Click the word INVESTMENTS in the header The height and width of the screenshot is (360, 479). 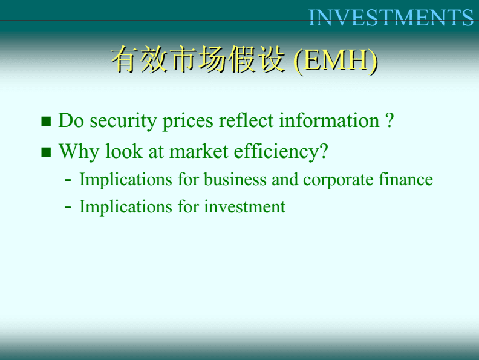pyautogui.click(x=391, y=18)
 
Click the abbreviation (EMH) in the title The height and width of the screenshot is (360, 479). pyautogui.click(x=336, y=61)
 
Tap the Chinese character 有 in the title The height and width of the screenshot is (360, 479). pyautogui.click(x=124, y=59)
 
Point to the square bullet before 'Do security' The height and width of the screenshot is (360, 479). pyautogui.click(x=46, y=122)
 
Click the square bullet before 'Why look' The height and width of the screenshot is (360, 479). pyautogui.click(x=46, y=152)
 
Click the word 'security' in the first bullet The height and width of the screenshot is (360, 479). pyautogui.click(x=123, y=122)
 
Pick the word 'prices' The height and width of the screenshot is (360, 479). pyautogui.click(x=187, y=122)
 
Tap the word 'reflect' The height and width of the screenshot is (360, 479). pyautogui.click(x=246, y=120)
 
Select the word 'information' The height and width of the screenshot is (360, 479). pyautogui.click(x=329, y=120)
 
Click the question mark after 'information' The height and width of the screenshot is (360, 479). pyautogui.click(x=389, y=120)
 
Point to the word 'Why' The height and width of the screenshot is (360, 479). pyautogui.click(x=79, y=152)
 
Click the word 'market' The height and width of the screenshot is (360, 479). pyautogui.click(x=198, y=151)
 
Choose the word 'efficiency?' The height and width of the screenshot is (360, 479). pyautogui.click(x=281, y=152)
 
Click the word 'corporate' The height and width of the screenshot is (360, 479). pyautogui.click(x=338, y=180)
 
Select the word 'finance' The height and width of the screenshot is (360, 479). pyautogui.click(x=406, y=179)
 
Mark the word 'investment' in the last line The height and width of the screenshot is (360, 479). pyautogui.click(x=245, y=206)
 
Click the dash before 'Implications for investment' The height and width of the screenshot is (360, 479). pyautogui.click(x=68, y=208)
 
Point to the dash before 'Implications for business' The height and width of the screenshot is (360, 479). pyautogui.click(x=68, y=180)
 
